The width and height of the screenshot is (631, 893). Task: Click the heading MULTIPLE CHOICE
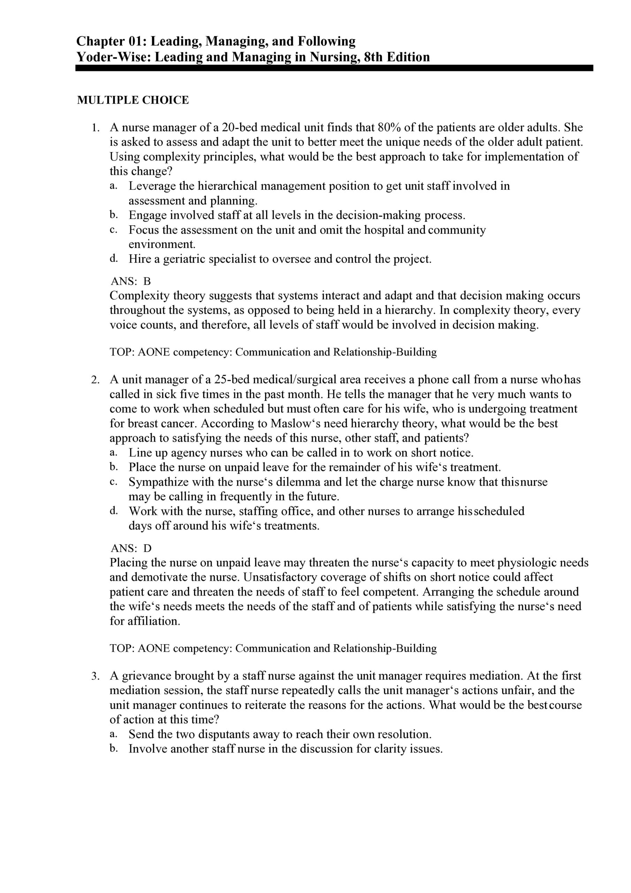[x=132, y=100]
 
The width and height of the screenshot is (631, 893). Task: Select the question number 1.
[x=95, y=128]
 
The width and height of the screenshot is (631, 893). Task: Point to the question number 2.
[x=95, y=380]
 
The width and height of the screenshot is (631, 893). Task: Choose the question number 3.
[x=95, y=676]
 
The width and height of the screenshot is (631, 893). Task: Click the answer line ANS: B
[x=131, y=281]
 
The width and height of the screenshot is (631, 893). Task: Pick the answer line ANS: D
[x=131, y=548]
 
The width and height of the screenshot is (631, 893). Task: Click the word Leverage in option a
[x=152, y=186]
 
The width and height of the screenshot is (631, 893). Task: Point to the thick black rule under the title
[x=334, y=68]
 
